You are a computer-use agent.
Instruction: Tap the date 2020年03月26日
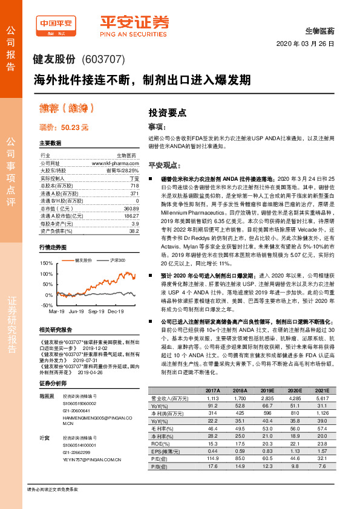click(306, 44)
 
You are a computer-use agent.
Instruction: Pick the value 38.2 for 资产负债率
click(134, 230)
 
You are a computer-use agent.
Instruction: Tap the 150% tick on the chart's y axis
click(46, 264)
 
